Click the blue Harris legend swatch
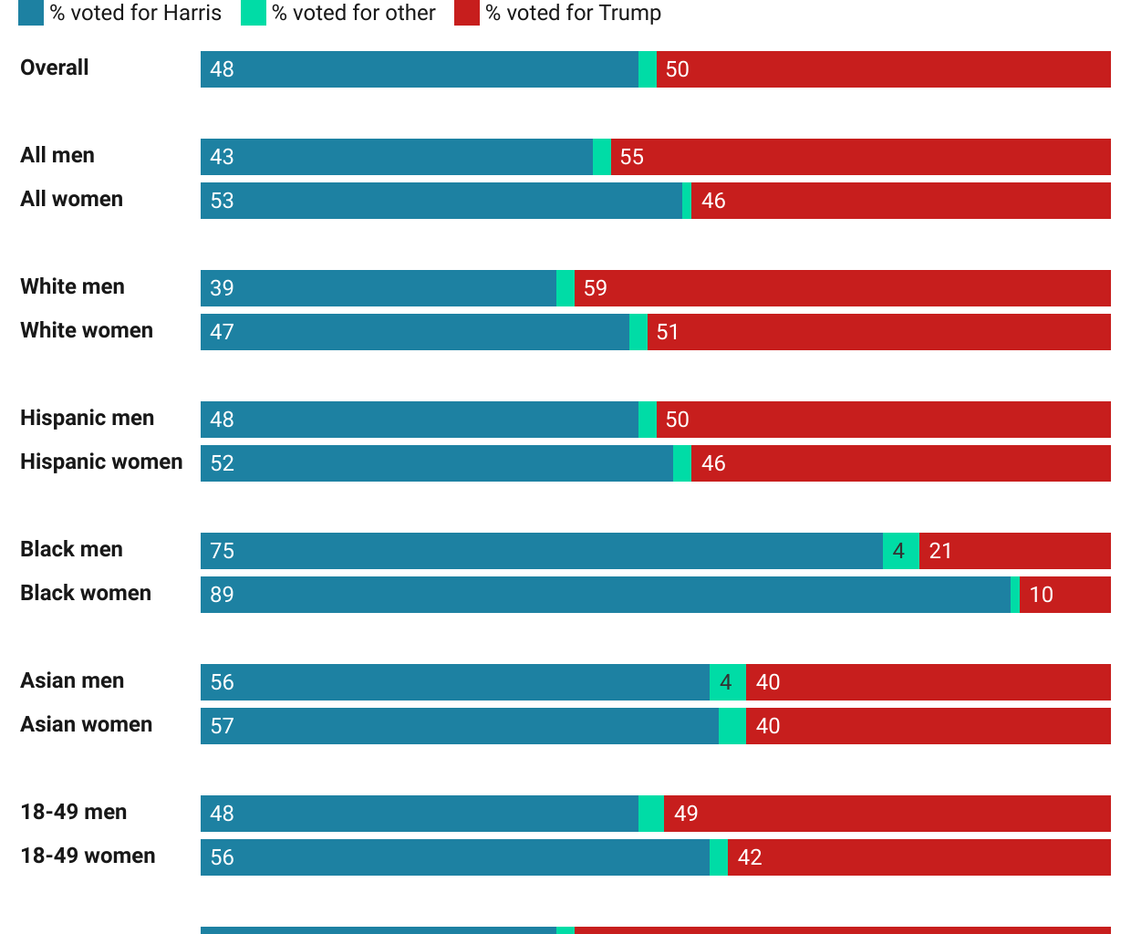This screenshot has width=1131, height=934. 31,13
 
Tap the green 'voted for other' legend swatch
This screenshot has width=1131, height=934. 254,13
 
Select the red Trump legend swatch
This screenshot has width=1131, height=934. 467,13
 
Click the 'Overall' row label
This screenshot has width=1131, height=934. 55,67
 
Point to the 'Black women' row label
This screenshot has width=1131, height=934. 86,593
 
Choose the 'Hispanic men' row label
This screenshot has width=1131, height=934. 88,418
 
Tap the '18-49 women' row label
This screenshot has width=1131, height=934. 88,856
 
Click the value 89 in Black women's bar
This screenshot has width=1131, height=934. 223,595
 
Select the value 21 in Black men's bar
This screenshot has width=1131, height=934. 940,551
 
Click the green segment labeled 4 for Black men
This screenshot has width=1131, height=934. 900,551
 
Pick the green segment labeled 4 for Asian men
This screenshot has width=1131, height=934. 727,682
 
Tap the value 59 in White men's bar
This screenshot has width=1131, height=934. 596,288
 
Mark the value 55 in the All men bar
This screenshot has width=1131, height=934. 632,157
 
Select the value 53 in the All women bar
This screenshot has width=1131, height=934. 223,201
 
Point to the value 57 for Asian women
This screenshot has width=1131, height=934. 223,726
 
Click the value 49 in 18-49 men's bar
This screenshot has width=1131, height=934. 686,814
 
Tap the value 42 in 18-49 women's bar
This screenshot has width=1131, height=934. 750,857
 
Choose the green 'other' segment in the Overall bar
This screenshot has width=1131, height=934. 648,69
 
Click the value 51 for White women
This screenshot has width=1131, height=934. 668,332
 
